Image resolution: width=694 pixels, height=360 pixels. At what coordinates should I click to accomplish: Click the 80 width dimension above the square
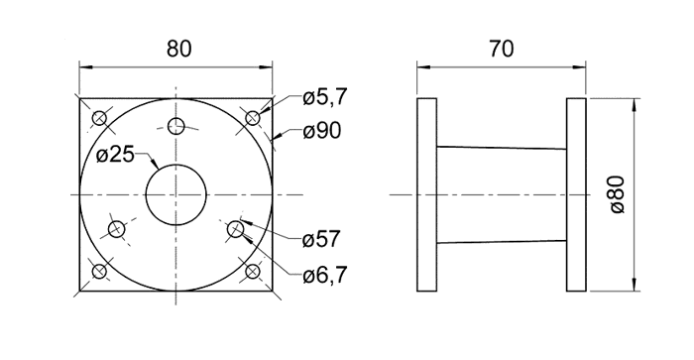click(179, 49)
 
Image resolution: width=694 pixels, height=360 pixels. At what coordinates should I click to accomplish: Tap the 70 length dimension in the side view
click(502, 49)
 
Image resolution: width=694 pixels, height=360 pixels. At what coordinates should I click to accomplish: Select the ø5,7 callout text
click(325, 97)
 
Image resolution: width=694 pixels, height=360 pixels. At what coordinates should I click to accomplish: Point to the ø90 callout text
click(322, 131)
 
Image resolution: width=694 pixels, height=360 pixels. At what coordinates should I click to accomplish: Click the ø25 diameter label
click(115, 155)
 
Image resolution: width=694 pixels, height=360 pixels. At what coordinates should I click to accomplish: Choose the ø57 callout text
click(322, 240)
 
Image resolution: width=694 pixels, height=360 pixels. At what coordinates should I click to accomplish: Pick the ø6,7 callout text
click(325, 276)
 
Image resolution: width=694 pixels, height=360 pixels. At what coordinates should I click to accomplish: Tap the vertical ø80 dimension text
click(618, 194)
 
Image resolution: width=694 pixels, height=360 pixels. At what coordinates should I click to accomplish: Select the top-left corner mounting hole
click(99, 118)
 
